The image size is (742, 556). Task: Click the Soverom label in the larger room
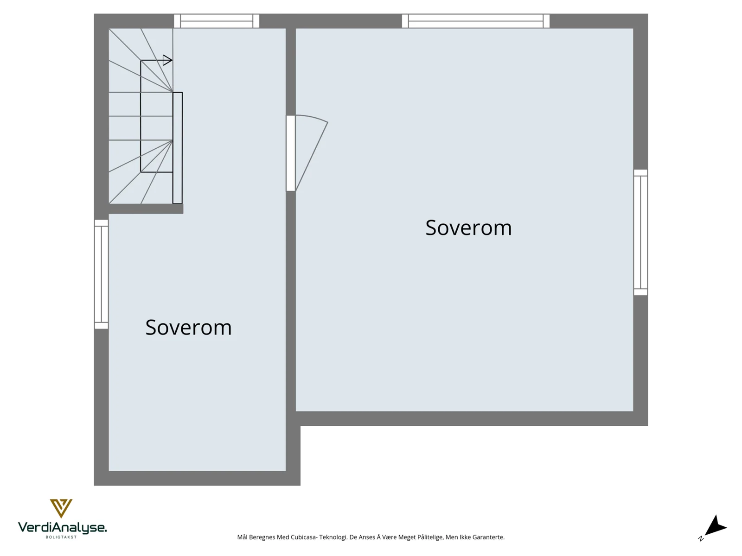coord(468,227)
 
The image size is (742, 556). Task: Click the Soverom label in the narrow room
coord(188,327)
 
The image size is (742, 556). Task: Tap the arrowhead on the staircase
coord(167,60)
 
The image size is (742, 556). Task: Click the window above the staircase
coord(217,21)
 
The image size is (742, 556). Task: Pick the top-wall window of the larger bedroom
coord(475,21)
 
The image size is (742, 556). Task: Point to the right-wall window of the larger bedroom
coord(640,232)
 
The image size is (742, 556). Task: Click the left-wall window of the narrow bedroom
coord(101,274)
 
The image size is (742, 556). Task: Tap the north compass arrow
coord(716,526)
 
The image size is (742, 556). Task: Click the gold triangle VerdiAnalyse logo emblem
coord(61,508)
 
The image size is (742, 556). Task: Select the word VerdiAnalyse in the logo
coord(62,528)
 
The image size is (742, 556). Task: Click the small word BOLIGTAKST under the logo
coord(61,537)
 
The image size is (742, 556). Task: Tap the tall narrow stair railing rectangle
coord(178,148)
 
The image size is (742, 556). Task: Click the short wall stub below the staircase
coord(146,209)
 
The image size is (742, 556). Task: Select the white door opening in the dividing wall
coord(291,153)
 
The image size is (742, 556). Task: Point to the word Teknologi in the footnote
coord(333,537)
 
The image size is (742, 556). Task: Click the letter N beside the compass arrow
coord(701,539)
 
